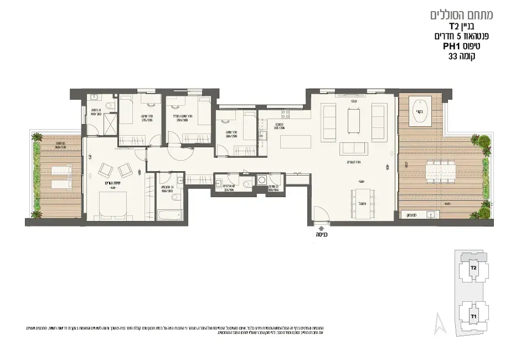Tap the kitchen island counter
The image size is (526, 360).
pos(292,142)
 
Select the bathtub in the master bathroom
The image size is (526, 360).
pos(169,215)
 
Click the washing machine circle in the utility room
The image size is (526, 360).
pos(261,179)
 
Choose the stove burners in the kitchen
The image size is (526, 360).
pos(286,114)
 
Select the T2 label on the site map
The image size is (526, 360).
pos(473,268)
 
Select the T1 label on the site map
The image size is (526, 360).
pos(473,316)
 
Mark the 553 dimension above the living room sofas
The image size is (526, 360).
pos(354,101)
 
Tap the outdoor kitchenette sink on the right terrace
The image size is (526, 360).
pos(430,215)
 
